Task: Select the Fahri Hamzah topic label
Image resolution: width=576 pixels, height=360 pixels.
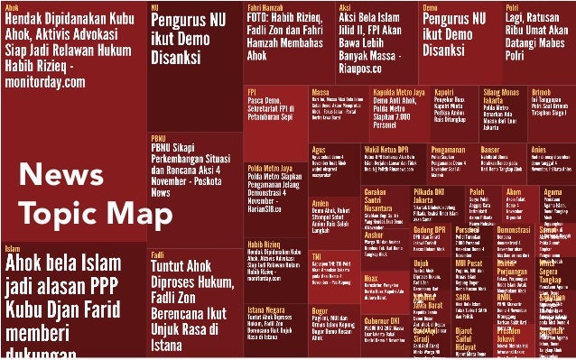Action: click(x=264, y=6)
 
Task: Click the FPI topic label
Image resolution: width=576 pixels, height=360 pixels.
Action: click(x=254, y=91)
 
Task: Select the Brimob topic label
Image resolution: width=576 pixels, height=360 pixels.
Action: click(x=542, y=91)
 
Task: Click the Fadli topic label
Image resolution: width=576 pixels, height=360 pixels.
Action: click(x=157, y=254)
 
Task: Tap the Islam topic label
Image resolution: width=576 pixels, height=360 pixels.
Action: click(x=13, y=248)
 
